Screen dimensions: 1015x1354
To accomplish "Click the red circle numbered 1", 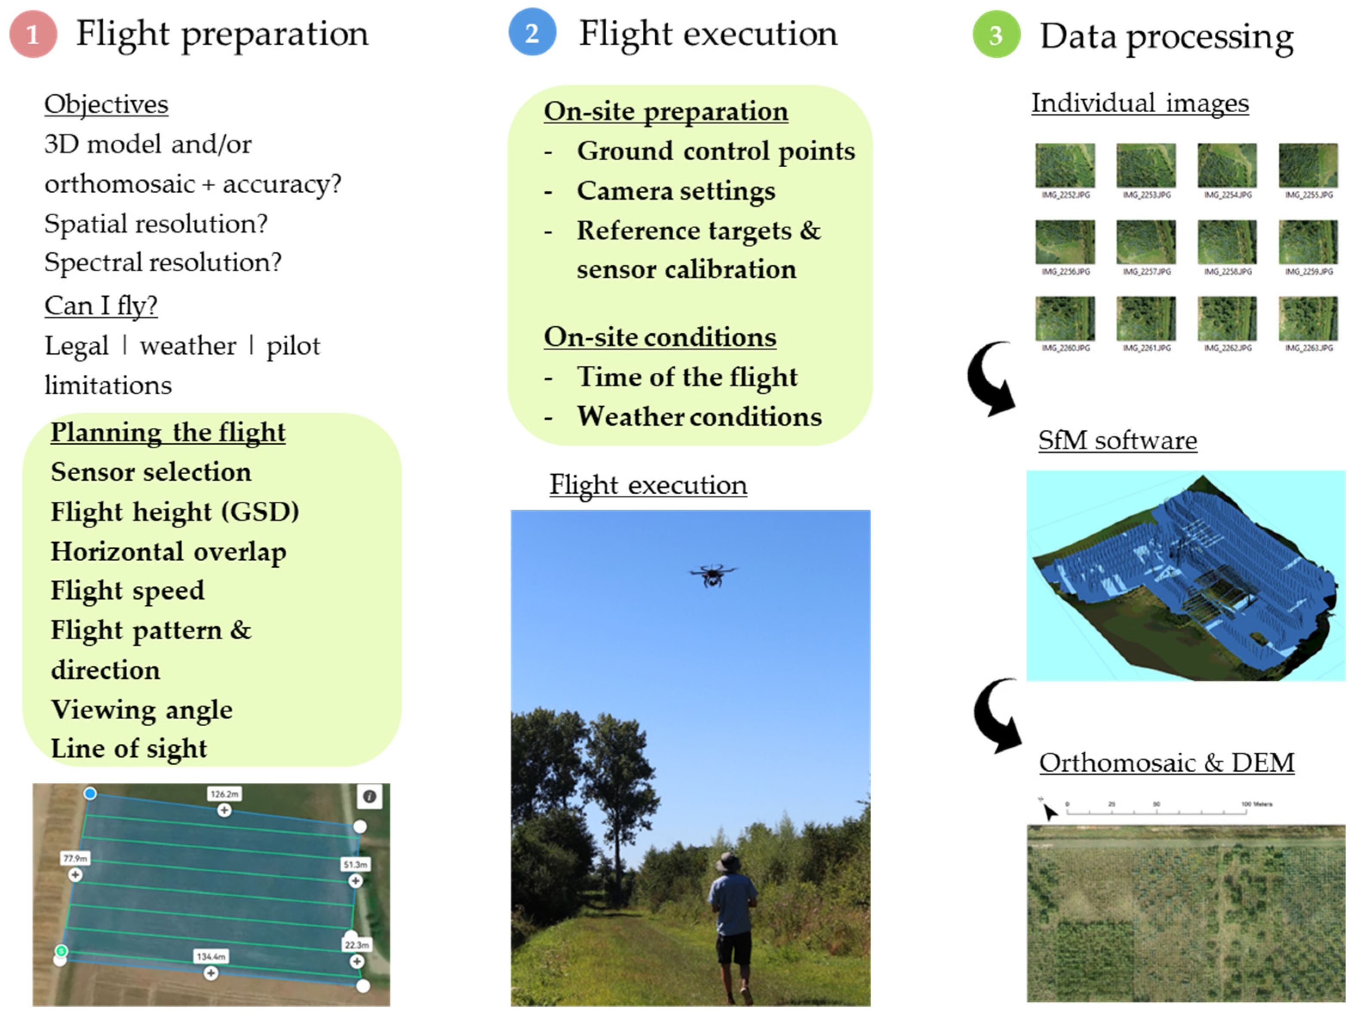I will click(33, 34).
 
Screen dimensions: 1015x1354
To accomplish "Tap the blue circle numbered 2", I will click(532, 32).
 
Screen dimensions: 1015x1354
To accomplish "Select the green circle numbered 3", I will click(996, 35).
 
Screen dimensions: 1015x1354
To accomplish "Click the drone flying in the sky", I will click(712, 575).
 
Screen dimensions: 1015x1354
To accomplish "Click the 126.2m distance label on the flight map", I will click(224, 794).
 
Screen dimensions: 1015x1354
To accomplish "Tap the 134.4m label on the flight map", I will click(211, 956).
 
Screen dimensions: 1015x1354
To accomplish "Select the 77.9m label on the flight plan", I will click(75, 858).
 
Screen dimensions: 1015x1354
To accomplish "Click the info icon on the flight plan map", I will click(369, 796).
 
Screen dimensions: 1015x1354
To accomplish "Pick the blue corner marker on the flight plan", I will click(90, 794).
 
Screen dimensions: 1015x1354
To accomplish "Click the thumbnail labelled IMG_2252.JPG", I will click(1065, 166).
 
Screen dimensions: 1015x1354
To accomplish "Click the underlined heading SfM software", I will click(1117, 440).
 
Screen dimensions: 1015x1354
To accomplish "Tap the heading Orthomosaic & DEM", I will click(1167, 762).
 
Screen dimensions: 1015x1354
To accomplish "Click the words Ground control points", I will click(715, 151).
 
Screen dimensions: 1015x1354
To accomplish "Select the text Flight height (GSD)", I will click(175, 512).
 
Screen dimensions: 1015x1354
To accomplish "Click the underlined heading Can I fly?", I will click(101, 306).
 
